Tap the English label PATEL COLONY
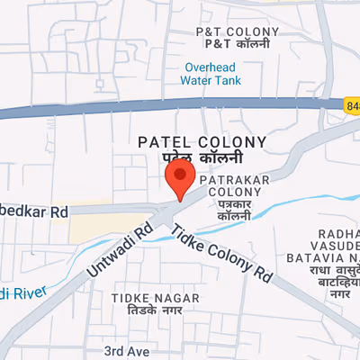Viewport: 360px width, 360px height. [202, 142]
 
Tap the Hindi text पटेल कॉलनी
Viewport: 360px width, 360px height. [201, 157]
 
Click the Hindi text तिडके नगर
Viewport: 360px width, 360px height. [148, 310]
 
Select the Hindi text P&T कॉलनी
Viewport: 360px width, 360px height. [231, 44]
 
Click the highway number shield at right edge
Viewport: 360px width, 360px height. [351, 105]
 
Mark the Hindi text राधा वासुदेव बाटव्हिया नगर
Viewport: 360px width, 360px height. [337, 281]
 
